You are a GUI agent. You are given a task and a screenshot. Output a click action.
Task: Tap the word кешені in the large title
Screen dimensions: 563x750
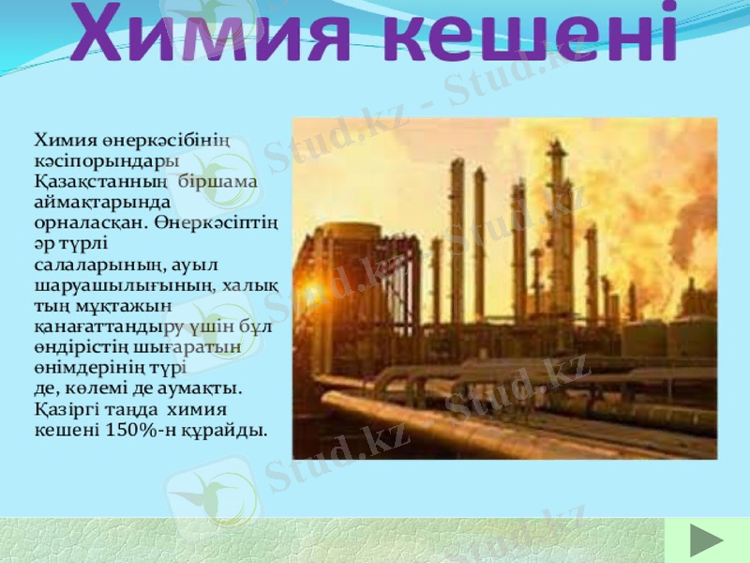coord(531,35)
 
